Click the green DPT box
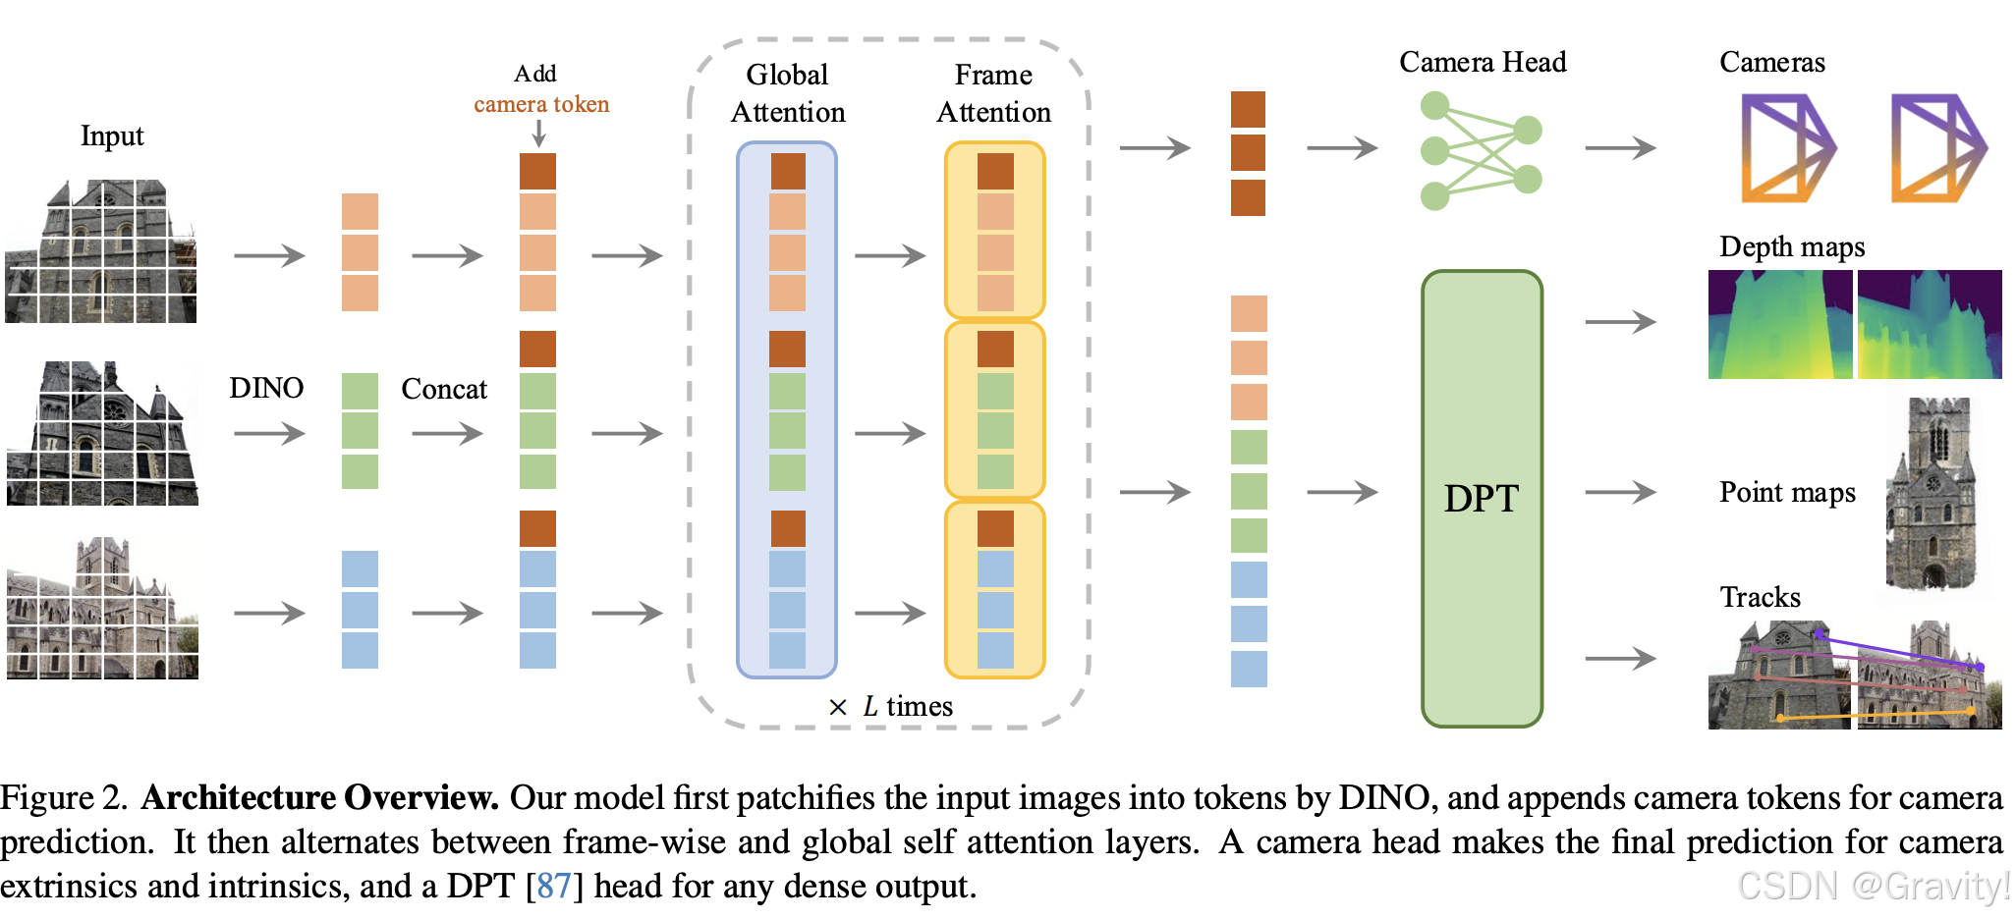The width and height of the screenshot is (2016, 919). pos(1481,499)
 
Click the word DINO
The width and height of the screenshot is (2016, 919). pos(266,388)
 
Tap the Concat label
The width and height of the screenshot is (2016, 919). pos(444,389)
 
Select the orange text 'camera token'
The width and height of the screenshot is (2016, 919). pos(541,104)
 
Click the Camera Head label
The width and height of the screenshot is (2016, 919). pos(1482,62)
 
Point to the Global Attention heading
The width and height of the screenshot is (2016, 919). pos(787,93)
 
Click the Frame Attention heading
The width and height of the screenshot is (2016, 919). pos(993,93)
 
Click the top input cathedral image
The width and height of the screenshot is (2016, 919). pos(101,251)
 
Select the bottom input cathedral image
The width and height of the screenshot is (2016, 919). pos(102,609)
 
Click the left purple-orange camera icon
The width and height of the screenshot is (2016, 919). pos(1787,148)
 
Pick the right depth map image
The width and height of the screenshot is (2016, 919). pos(1930,325)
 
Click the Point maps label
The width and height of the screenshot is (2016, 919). pos(1787,492)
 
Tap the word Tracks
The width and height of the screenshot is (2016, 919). pos(1760,597)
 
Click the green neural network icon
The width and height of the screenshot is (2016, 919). pos(1481,150)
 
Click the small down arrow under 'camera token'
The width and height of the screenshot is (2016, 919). pos(538,134)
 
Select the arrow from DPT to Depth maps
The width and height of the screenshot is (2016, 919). pos(1620,322)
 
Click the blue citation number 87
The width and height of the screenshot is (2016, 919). pos(554,886)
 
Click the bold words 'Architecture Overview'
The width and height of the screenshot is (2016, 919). pos(320,797)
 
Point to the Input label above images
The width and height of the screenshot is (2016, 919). pos(112,135)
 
